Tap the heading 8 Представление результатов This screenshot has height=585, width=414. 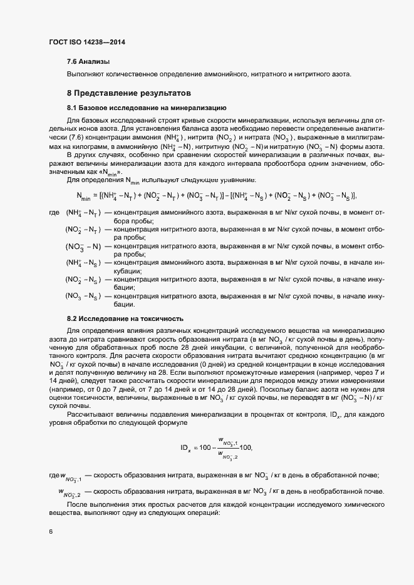tap(128, 93)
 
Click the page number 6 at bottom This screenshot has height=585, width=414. tap(51, 532)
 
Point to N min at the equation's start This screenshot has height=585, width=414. tap(83, 196)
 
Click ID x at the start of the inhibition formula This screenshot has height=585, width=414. tap(185, 448)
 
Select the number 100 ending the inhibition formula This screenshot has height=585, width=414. tap(245, 448)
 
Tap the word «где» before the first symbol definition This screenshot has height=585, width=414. tap(54, 213)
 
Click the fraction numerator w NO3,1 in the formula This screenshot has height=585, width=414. tap(227, 440)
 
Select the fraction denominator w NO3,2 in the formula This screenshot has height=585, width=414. tap(227, 456)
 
